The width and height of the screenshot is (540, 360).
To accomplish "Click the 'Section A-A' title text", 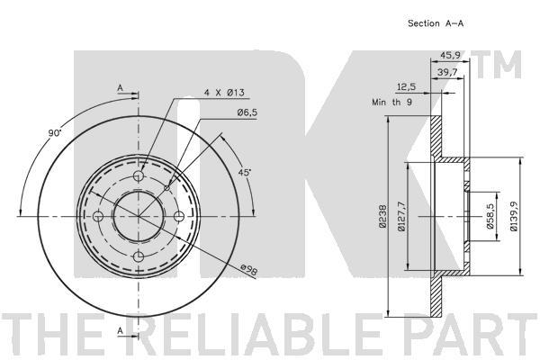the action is (x=436, y=23).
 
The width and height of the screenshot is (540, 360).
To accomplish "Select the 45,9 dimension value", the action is (x=451, y=55).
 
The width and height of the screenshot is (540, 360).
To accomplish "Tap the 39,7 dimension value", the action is (x=447, y=72).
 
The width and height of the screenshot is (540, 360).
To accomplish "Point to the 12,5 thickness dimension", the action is (x=407, y=86).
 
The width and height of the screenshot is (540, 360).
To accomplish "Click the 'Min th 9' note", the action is (x=391, y=103).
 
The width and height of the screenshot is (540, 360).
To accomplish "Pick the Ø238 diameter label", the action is (x=382, y=216).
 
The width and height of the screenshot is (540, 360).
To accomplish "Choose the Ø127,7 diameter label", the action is (x=402, y=216).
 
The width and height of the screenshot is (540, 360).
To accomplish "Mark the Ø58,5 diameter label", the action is (x=490, y=216).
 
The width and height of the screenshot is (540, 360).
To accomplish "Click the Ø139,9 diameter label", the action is (x=514, y=216).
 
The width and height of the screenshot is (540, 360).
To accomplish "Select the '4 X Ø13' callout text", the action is (x=224, y=93).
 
